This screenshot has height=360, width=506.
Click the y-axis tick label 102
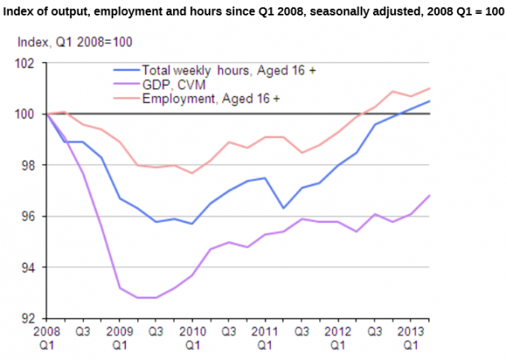point(30,63)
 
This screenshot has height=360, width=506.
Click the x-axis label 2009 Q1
point(119,338)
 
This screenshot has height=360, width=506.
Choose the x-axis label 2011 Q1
point(262,338)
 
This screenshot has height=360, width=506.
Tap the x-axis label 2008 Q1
point(47,338)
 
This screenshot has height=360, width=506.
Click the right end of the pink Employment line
point(430,88)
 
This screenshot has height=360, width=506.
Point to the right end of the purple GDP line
point(430,195)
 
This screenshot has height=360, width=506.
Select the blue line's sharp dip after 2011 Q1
point(282,208)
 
